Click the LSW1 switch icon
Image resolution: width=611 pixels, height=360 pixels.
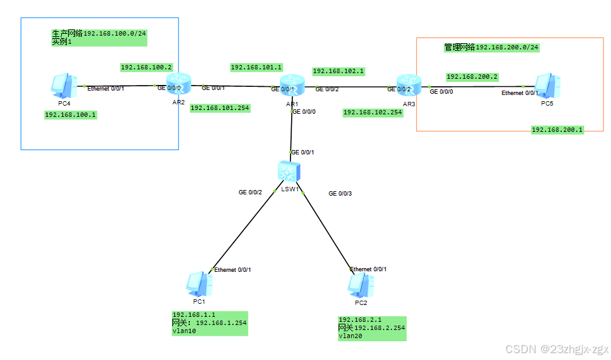coord(290,171)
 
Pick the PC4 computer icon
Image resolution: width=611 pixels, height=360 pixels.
coord(62,87)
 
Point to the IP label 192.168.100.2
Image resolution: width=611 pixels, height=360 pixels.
coord(146,67)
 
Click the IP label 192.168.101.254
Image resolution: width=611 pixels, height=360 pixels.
coord(219,107)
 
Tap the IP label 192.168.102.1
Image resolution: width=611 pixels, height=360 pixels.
coord(338,71)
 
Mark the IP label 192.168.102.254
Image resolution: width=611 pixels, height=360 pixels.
coord(372,112)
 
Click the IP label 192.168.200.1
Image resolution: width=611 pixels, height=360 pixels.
coord(557,130)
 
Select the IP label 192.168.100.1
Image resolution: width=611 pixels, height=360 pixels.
coord(70,115)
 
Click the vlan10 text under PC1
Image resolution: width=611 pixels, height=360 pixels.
coord(184,331)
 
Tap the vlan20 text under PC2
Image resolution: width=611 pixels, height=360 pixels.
coord(350,336)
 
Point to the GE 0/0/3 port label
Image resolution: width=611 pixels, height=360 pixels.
coord(340,194)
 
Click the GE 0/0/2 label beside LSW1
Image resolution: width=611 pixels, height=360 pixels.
coord(250,192)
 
